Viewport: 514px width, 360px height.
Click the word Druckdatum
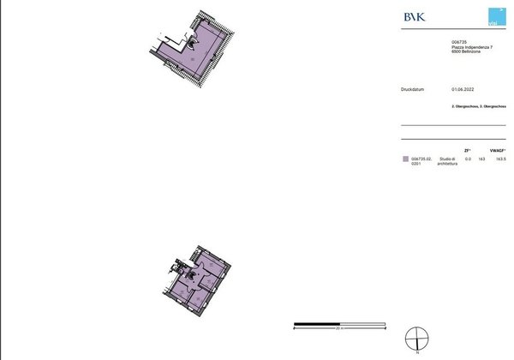pyautogui.click(x=413, y=88)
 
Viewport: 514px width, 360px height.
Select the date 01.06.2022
pyautogui.click(x=463, y=88)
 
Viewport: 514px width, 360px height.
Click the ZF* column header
pyautogui.click(x=467, y=150)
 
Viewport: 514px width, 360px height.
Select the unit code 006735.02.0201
pyautogui.click(x=421, y=161)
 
